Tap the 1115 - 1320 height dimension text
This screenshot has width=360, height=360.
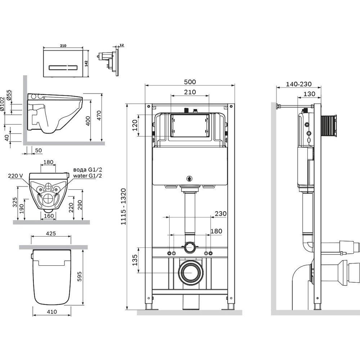tap(123, 207)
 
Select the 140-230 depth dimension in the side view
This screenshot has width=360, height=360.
tap(298, 84)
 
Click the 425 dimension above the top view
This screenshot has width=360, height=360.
tap(51, 233)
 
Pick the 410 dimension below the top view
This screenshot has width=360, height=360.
tap(51, 312)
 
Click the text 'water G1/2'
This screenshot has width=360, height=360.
tap(87, 176)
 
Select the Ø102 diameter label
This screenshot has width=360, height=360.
tap(3, 104)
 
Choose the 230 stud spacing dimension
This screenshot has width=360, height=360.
tap(221, 213)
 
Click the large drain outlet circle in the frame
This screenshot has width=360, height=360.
tap(190, 272)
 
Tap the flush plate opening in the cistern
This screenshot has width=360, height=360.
tap(189, 126)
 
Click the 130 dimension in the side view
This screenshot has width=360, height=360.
tap(309, 94)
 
